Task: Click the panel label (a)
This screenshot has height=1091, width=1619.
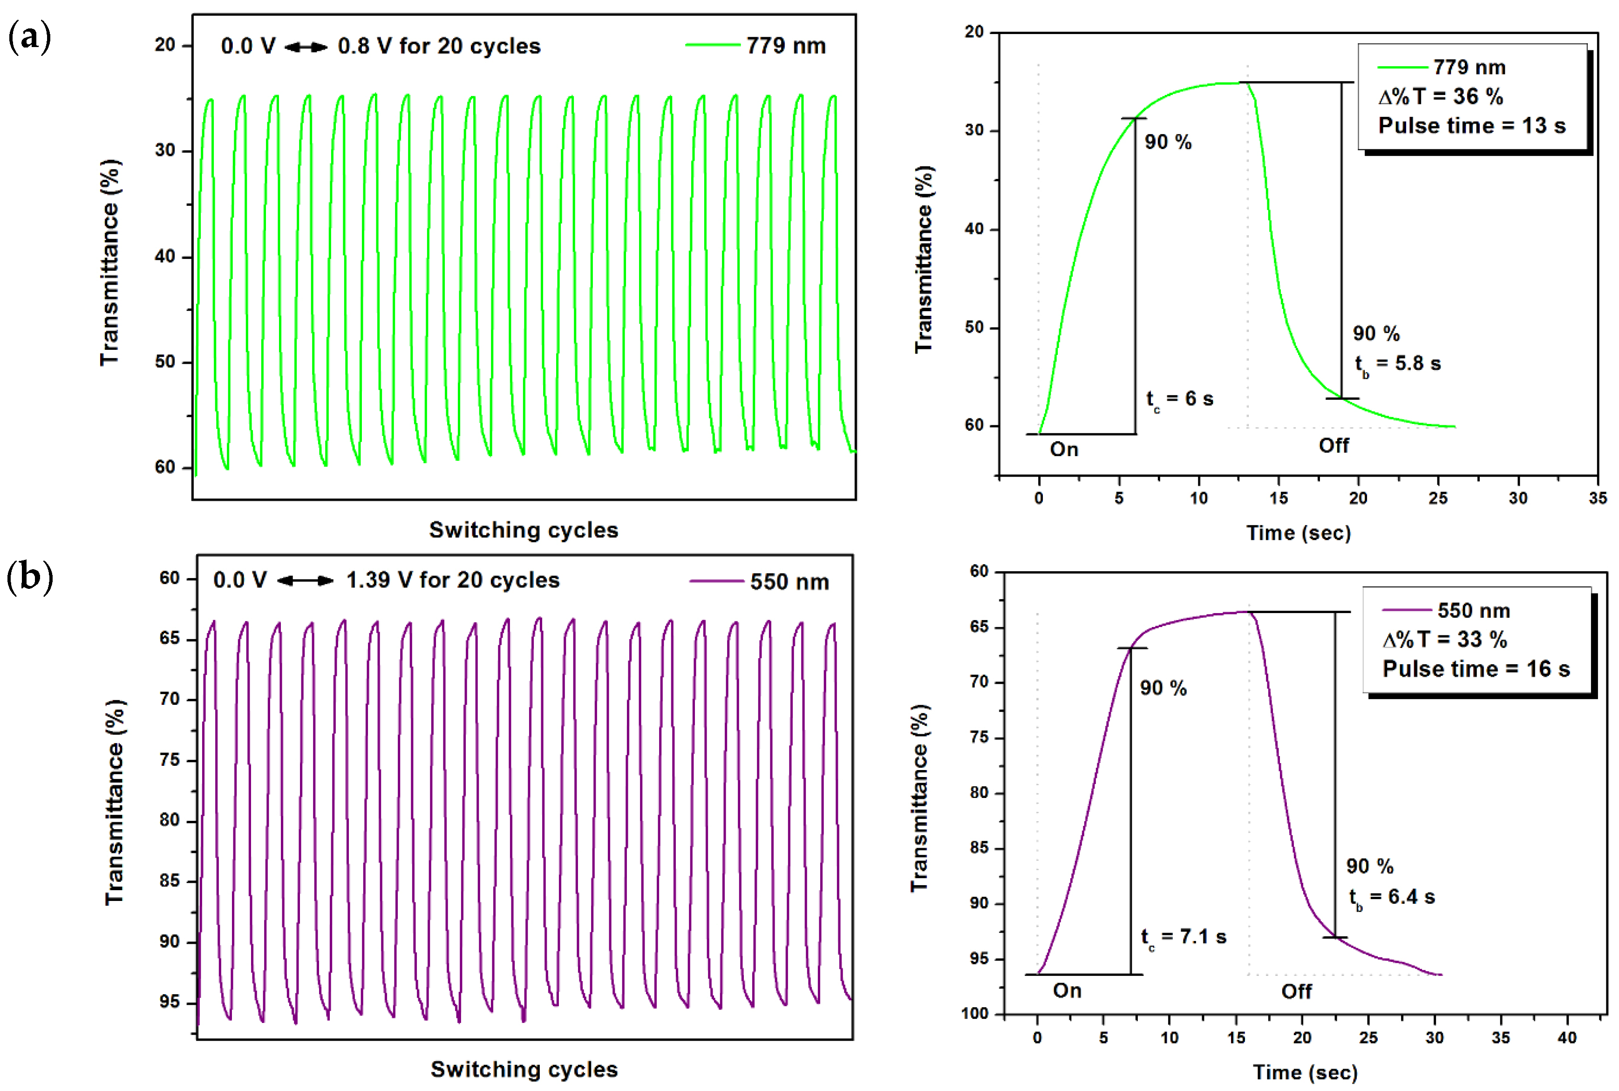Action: (x=29, y=36)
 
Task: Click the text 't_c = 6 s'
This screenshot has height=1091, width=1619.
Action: (x=1179, y=399)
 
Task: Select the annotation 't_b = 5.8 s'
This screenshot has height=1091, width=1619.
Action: (x=1397, y=364)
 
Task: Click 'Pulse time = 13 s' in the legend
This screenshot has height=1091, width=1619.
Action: (x=1471, y=126)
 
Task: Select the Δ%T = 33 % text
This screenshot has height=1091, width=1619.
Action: (x=1444, y=640)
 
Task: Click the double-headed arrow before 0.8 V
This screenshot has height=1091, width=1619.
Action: (x=306, y=47)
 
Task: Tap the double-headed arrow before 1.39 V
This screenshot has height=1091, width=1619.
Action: (x=306, y=580)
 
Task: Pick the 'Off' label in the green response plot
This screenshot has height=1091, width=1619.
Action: (x=1333, y=445)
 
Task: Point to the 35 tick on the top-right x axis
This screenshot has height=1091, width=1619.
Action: (x=1598, y=498)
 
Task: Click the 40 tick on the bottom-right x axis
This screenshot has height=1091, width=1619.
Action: (x=1567, y=1037)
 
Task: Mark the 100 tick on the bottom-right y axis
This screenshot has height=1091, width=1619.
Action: (x=975, y=1014)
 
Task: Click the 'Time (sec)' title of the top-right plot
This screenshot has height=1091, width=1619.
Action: (x=1298, y=533)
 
